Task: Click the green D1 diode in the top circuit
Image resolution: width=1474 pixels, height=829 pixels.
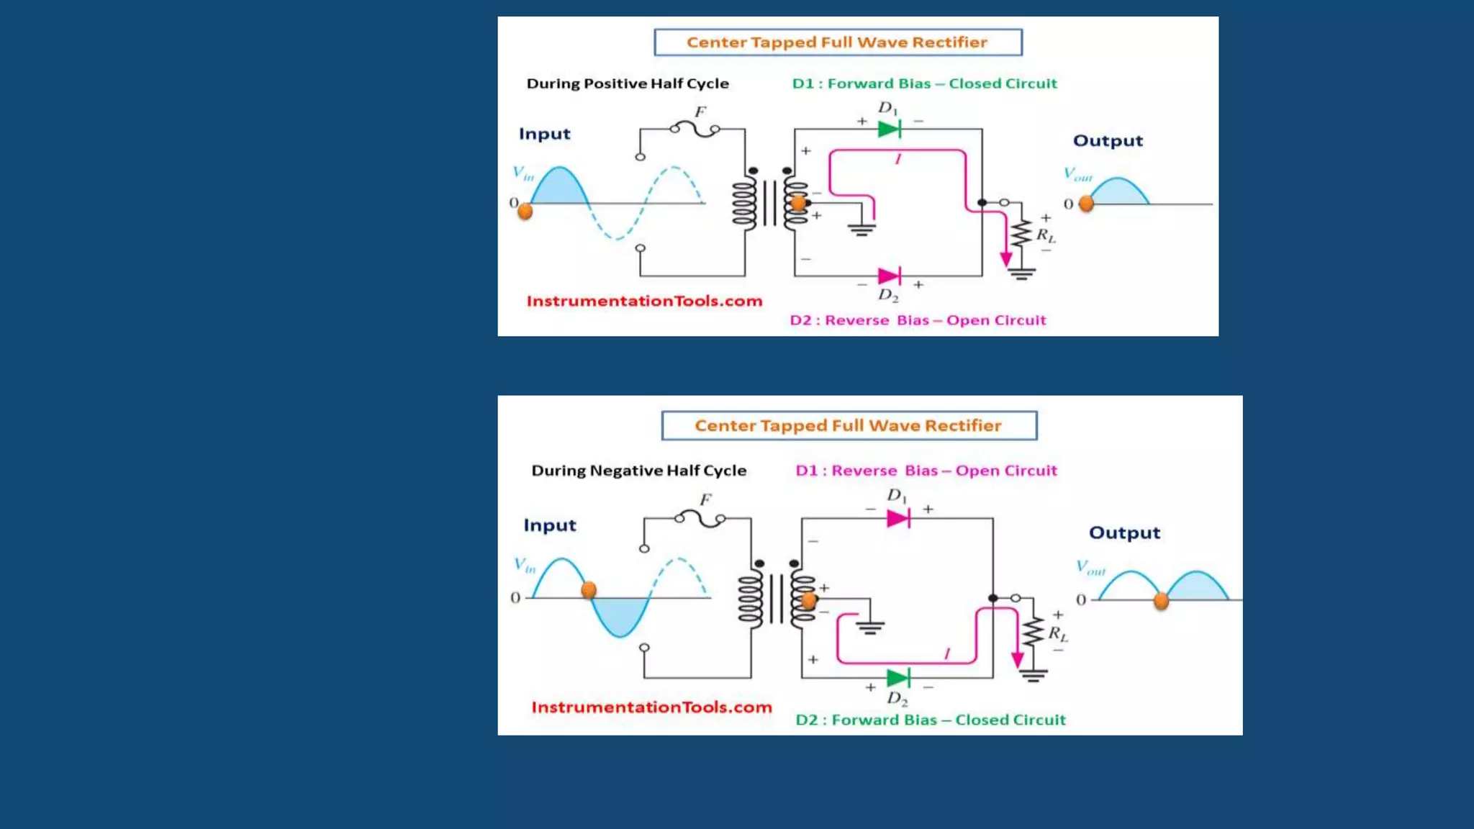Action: [x=889, y=130]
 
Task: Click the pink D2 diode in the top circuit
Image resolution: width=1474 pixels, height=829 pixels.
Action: [x=889, y=276]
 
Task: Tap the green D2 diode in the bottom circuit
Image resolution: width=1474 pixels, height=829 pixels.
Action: [x=897, y=678]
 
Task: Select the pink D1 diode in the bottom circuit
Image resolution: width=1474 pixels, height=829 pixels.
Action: [x=897, y=519]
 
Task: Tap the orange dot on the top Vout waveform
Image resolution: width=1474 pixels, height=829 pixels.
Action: [x=1087, y=204]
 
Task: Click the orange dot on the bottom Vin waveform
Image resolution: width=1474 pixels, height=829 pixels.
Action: [x=589, y=591]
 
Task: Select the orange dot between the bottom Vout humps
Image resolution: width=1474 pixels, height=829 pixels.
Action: [x=1161, y=601]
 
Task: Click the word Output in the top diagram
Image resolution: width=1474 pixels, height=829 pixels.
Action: [x=1108, y=141]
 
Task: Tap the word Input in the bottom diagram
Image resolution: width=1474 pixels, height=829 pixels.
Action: [x=550, y=525]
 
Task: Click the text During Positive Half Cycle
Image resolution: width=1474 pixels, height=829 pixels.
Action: [x=628, y=83]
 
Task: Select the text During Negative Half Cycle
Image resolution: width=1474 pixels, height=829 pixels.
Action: [x=638, y=471]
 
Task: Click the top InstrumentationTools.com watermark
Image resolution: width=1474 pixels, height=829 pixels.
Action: [x=644, y=301]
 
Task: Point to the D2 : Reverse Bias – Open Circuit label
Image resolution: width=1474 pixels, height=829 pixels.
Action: [x=918, y=320]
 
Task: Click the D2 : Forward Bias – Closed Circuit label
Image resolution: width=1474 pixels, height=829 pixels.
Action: [x=930, y=720]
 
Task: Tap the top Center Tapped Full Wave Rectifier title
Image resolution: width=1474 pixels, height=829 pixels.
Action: [x=837, y=42]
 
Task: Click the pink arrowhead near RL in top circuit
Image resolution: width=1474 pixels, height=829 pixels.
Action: [x=1006, y=260]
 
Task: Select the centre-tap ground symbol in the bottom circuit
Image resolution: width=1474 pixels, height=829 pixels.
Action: [x=869, y=627]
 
